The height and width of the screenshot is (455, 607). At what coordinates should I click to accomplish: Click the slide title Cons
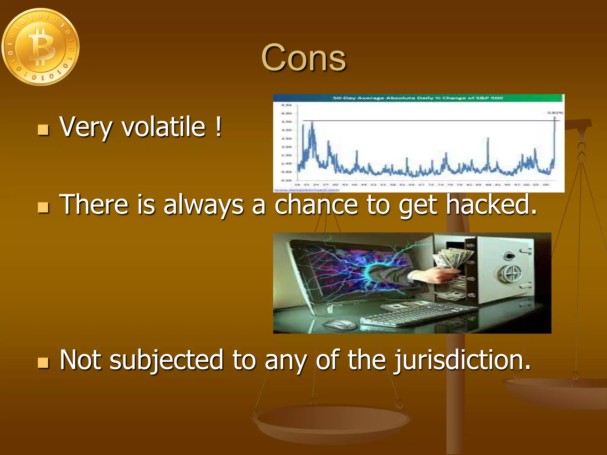click(x=303, y=58)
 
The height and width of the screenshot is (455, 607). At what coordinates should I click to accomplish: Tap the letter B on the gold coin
click(x=41, y=47)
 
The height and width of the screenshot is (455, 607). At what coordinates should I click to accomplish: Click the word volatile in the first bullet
click(x=164, y=127)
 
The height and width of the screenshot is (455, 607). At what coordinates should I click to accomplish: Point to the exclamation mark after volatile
click(x=218, y=127)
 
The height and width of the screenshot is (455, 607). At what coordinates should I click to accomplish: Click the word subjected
click(x=166, y=360)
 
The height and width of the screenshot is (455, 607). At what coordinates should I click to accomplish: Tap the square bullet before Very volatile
click(x=43, y=130)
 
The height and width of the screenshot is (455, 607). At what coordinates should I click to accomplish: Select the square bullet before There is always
click(x=43, y=208)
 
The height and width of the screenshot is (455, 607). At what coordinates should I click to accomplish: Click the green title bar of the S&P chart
click(x=418, y=98)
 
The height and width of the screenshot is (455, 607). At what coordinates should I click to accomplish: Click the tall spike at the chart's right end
click(x=555, y=139)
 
